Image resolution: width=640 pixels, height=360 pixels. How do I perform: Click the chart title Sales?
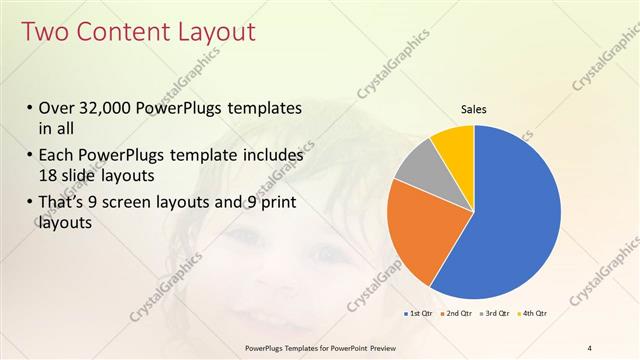pyautogui.click(x=474, y=110)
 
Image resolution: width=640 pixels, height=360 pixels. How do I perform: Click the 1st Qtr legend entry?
pyautogui.click(x=418, y=313)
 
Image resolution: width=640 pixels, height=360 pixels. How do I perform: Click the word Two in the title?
pyautogui.click(x=44, y=32)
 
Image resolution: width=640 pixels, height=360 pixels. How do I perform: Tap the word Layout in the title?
pyautogui.click(x=208, y=32)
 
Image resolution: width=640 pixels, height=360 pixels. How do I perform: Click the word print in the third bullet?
pyautogui.click(x=271, y=204)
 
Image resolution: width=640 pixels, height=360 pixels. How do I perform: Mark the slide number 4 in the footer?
pyautogui.click(x=590, y=348)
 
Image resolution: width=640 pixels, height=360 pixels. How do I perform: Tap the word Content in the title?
pyautogui.click(x=115, y=32)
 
